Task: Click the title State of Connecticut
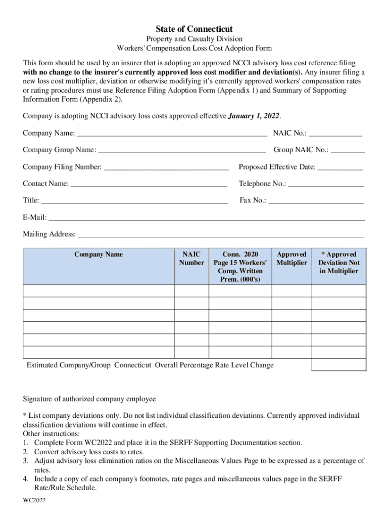[x=194, y=29]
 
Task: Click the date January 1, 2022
[x=254, y=116]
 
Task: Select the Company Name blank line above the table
[x=171, y=134]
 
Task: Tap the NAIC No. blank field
[x=335, y=134]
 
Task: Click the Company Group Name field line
[x=182, y=151]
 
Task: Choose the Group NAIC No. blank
[x=348, y=151]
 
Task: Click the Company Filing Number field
[x=166, y=167]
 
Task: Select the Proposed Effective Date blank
[x=340, y=167]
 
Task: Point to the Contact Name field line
[x=149, y=184]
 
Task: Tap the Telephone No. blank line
[x=326, y=184]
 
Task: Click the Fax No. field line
[x=316, y=201]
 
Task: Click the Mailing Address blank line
[x=221, y=235]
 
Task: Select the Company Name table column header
[x=99, y=254]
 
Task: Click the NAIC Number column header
[x=191, y=258]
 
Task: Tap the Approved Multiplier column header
[x=291, y=258]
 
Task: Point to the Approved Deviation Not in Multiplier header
[x=338, y=263]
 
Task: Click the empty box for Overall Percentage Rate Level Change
[x=338, y=365]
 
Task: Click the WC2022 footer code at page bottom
[x=34, y=500]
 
